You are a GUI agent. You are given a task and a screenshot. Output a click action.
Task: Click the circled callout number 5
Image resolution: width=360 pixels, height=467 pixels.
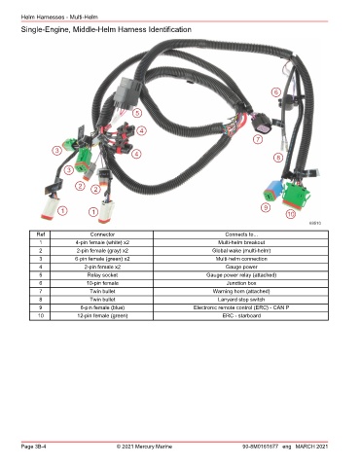click(137, 113)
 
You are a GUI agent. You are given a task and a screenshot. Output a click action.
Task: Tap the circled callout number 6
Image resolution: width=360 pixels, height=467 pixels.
click(276, 92)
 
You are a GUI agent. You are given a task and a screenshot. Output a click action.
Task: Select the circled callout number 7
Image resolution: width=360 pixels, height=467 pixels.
click(258, 139)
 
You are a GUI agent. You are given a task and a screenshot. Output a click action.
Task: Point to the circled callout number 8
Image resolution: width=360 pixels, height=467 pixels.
click(278, 158)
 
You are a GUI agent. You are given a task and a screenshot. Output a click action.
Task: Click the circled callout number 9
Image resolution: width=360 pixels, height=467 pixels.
click(266, 207)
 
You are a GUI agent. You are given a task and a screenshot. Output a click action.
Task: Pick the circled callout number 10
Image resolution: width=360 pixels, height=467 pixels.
click(291, 214)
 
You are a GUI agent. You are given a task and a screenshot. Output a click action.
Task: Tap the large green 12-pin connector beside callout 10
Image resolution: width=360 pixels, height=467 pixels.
click(296, 196)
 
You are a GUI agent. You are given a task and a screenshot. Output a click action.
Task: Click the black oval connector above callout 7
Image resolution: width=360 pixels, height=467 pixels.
click(261, 123)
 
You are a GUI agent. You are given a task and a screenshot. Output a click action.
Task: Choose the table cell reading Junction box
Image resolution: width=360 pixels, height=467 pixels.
click(241, 283)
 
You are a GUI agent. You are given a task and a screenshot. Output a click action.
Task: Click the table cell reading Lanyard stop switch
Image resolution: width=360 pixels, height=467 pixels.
click(241, 300)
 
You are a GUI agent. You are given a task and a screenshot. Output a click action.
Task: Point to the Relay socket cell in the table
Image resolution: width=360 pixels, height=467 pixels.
click(102, 275)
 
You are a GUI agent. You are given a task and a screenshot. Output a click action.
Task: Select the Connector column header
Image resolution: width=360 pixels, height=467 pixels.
click(102, 234)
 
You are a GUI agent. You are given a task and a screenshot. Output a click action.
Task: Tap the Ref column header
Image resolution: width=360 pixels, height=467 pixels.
click(41, 234)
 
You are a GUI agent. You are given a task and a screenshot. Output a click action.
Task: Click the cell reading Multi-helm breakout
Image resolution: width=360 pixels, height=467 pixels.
click(241, 242)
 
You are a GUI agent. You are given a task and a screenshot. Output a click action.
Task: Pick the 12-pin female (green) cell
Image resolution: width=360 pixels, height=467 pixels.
click(102, 316)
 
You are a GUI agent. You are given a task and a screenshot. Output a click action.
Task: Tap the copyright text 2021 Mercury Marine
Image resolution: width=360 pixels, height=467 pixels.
click(147, 447)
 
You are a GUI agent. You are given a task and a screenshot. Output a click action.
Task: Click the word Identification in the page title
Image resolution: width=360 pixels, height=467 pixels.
click(169, 29)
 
